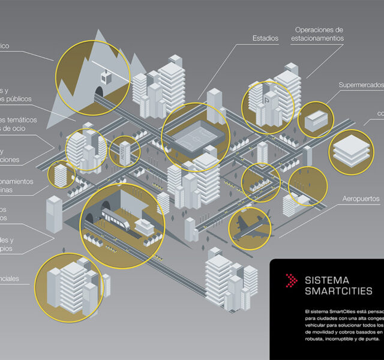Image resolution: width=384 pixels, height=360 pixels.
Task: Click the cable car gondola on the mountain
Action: coord(106,79)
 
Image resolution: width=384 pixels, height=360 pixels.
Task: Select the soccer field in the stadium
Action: coord(196,136)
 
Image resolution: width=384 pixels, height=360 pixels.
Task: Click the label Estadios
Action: coord(265,38)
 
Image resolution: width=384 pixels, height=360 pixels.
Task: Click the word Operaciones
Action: coord(319,29)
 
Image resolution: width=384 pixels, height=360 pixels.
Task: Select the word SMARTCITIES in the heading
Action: coord(339,292)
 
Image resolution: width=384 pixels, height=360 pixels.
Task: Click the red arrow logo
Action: coord(291,280)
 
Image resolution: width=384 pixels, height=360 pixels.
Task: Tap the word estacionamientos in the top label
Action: coord(318,38)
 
